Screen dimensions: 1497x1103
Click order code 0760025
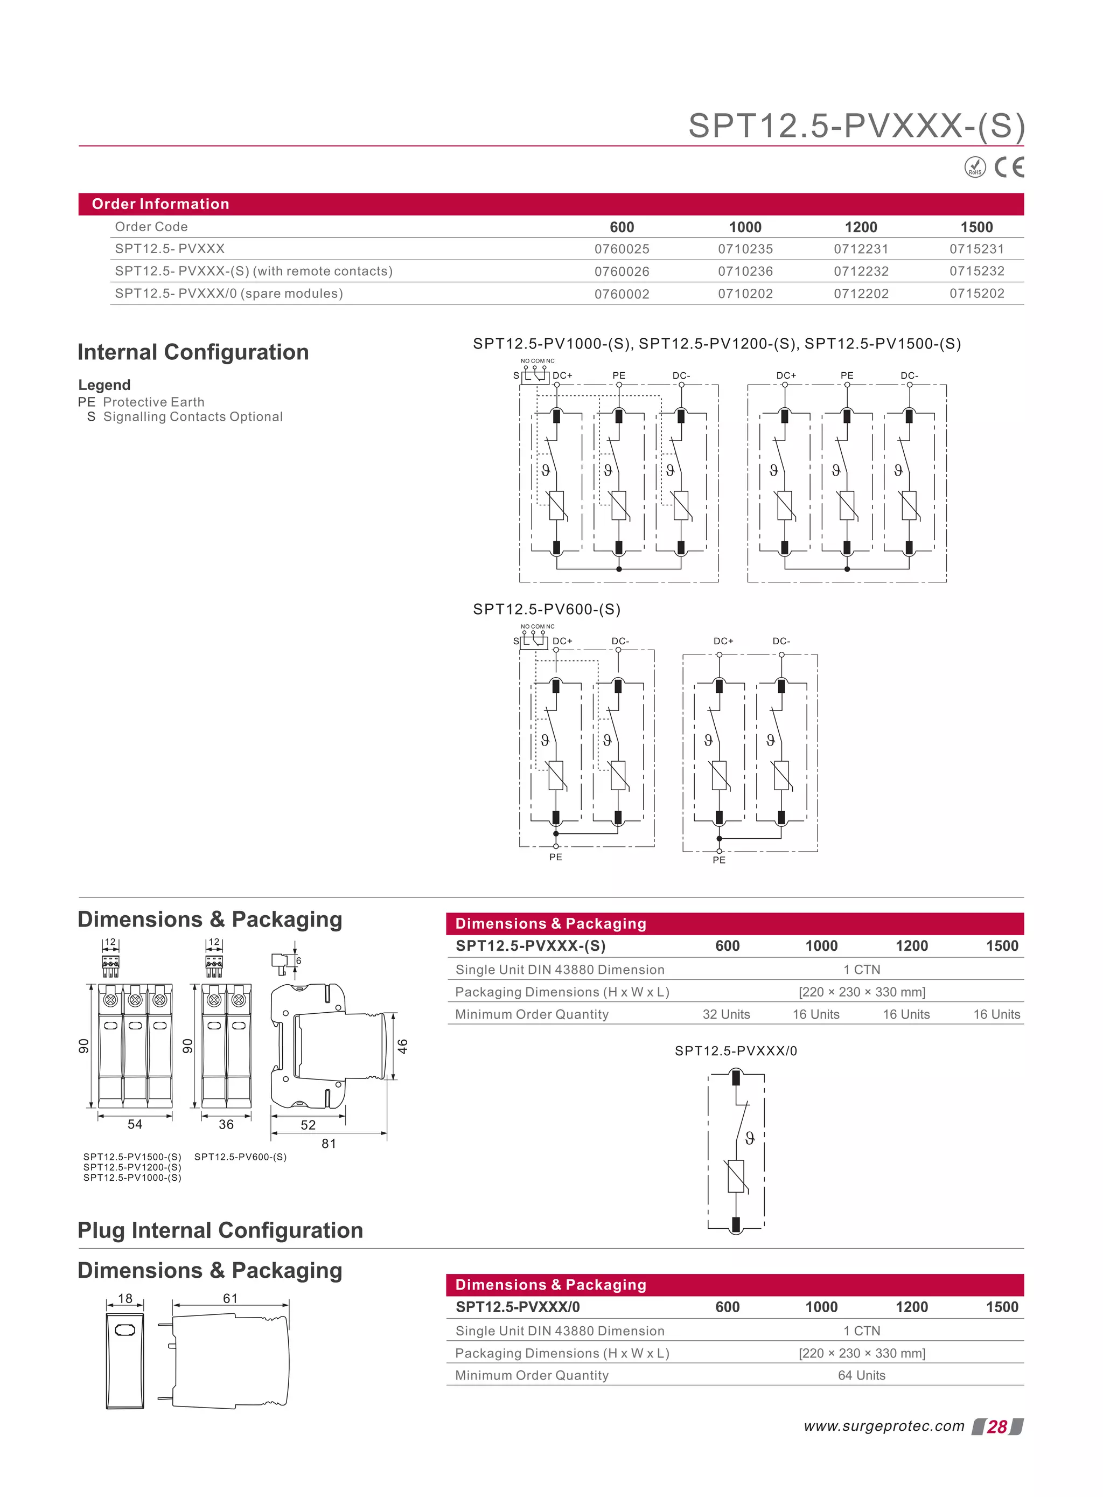[x=622, y=249]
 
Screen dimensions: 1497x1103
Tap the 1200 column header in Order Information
[x=861, y=227]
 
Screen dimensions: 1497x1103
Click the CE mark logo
[x=1008, y=167]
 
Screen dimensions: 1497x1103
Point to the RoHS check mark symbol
[x=975, y=167]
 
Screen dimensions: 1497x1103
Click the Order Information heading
[x=160, y=204]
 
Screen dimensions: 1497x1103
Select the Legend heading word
[x=104, y=385]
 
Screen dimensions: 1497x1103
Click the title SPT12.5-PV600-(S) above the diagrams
[x=546, y=609]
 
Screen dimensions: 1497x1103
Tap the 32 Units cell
[x=726, y=1014]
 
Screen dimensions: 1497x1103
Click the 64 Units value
[x=861, y=1375]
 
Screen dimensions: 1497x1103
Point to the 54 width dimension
[x=135, y=1124]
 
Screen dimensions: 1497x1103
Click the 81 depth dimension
[x=329, y=1143]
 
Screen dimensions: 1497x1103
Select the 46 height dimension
[x=403, y=1046]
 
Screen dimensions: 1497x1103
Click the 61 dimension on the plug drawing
[x=231, y=1298]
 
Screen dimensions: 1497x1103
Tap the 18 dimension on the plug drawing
[x=125, y=1298]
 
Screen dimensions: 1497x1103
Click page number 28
[x=997, y=1427]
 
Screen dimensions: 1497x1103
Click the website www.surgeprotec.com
[x=883, y=1426]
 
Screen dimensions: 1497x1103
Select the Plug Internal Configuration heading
[x=220, y=1230]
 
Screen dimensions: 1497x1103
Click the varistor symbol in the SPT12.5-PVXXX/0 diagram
[x=735, y=1176]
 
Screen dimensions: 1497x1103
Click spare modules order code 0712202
[x=861, y=294]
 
